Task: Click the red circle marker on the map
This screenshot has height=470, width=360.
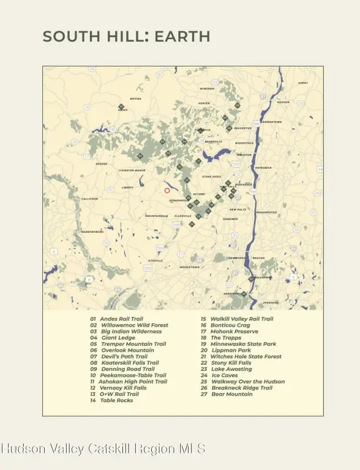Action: (x=167, y=190)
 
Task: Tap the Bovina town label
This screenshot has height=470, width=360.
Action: (x=136, y=99)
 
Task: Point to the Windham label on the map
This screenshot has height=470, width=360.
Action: (x=207, y=89)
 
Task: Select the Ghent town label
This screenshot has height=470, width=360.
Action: (x=303, y=83)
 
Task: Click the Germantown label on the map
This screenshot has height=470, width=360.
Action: (x=271, y=122)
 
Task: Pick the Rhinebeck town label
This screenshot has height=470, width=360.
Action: (x=263, y=167)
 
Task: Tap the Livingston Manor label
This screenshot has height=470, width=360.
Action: (x=132, y=171)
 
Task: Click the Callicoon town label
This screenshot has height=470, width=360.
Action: (x=89, y=199)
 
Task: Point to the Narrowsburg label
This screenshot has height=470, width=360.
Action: (x=92, y=232)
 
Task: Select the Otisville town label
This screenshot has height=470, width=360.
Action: (x=156, y=261)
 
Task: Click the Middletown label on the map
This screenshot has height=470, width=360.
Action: (x=190, y=267)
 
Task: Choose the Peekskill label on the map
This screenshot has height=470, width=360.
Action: (x=271, y=302)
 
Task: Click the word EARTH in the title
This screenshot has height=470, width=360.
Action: (x=182, y=37)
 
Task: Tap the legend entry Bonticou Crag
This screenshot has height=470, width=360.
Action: (x=230, y=325)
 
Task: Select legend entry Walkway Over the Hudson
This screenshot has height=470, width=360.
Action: (x=248, y=382)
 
